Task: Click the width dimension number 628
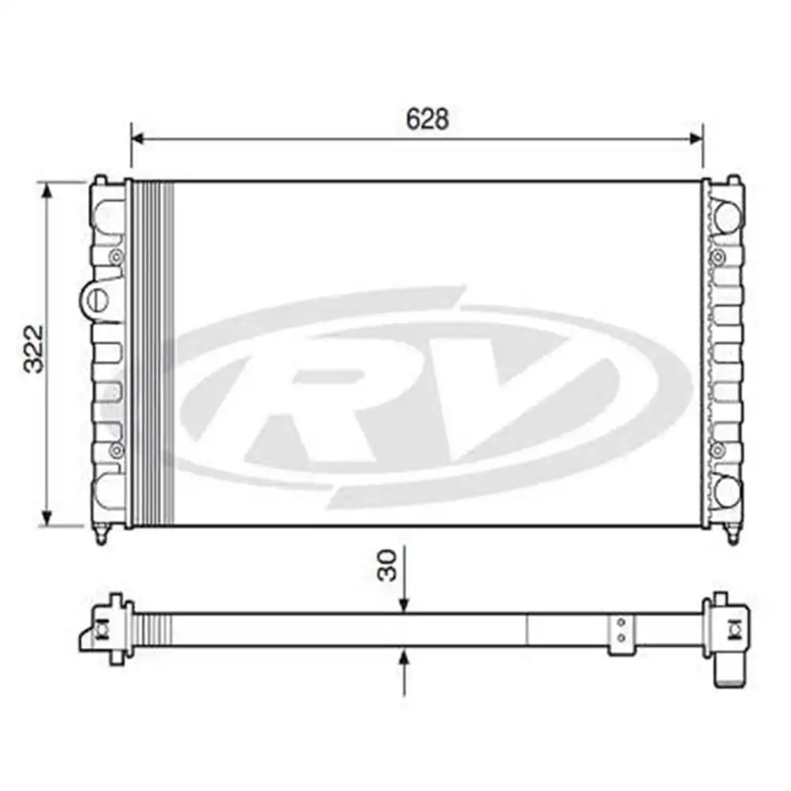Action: pyautogui.click(x=427, y=119)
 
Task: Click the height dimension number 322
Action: pyautogui.click(x=33, y=348)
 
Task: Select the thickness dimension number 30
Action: pyautogui.click(x=387, y=566)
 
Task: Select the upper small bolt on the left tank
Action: pyautogui.click(x=116, y=255)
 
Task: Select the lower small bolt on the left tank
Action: pyautogui.click(x=116, y=450)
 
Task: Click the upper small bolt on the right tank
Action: pyautogui.click(x=718, y=255)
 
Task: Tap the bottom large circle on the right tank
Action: pyautogui.click(x=726, y=491)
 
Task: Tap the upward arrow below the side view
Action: pyautogui.click(x=404, y=657)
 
